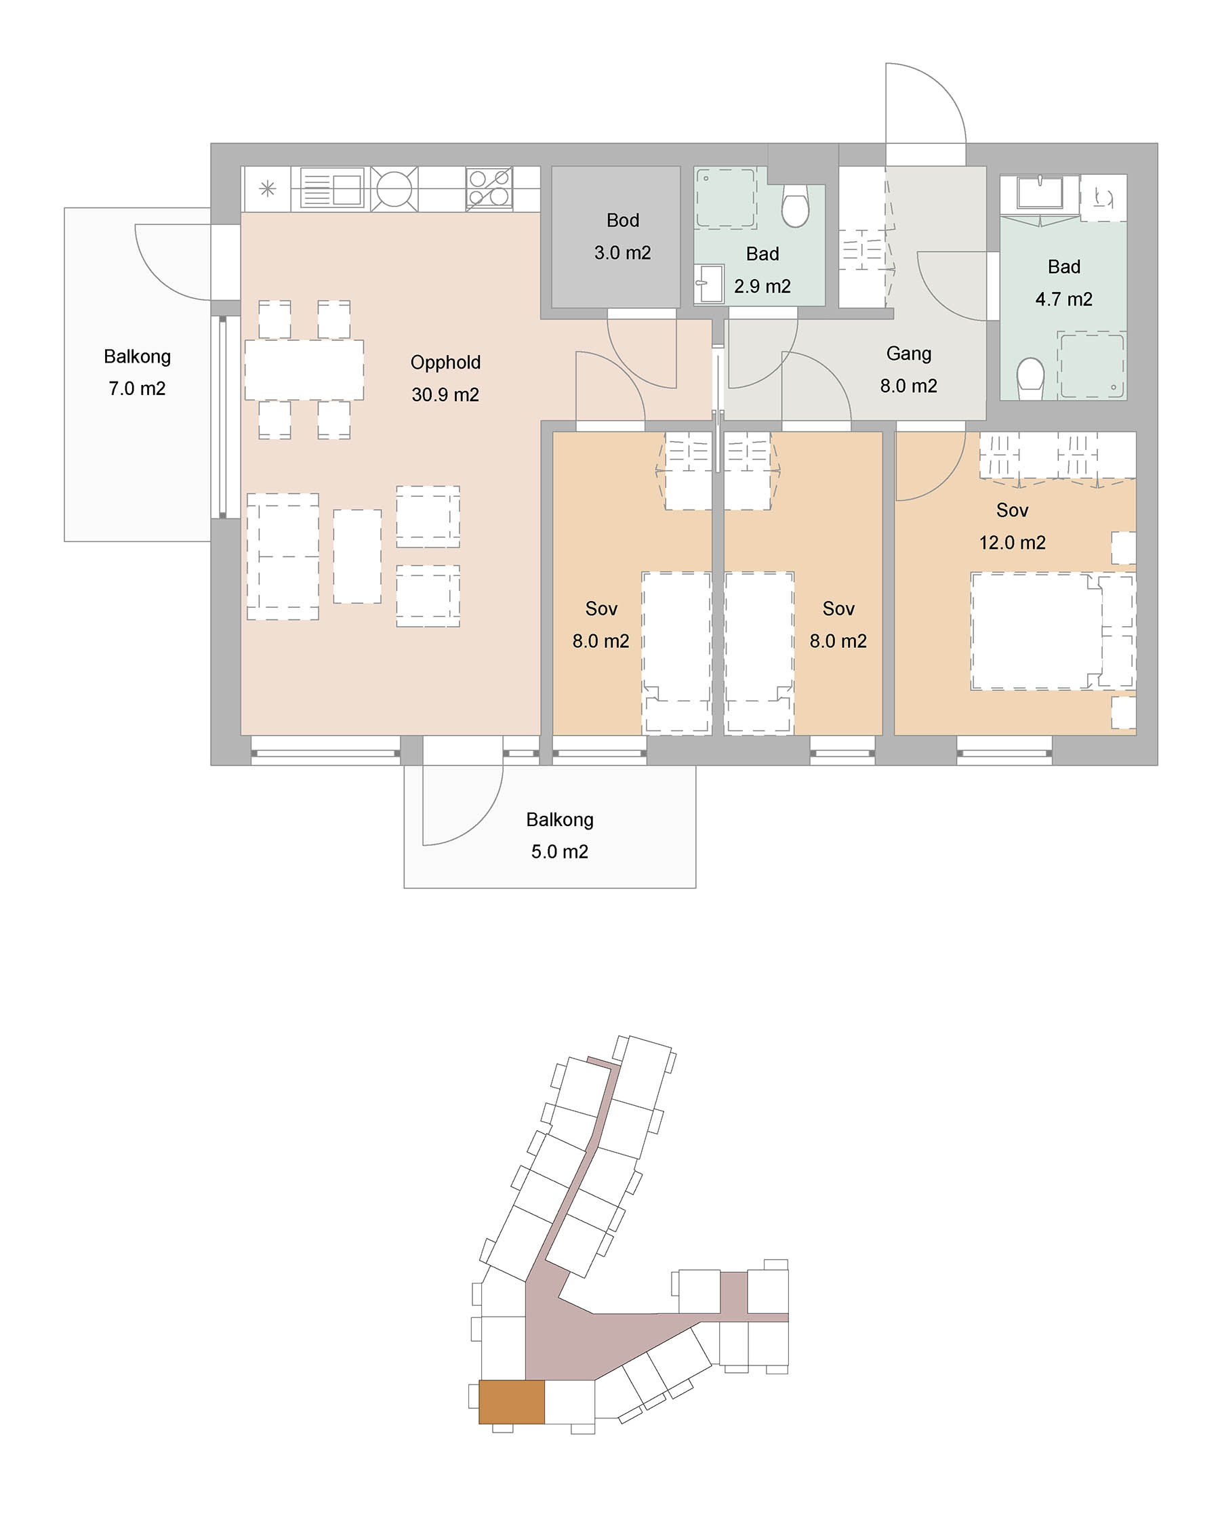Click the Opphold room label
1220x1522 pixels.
(445, 363)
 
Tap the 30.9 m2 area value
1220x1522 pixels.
(445, 394)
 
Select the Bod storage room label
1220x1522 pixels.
(623, 220)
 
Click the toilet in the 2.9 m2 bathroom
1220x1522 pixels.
(796, 205)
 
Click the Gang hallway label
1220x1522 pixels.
(909, 354)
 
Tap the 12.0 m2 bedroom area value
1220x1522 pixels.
(1013, 543)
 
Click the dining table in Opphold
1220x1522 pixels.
(304, 370)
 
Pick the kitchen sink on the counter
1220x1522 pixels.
(332, 188)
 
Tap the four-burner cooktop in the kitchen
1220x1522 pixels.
(489, 188)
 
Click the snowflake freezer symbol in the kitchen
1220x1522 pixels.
(268, 188)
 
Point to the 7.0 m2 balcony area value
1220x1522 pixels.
(137, 389)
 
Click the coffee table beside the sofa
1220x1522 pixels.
(357, 556)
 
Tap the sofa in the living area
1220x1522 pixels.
(283, 556)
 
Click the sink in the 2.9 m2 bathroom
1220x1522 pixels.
(709, 284)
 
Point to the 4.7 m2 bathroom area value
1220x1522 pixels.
(1064, 300)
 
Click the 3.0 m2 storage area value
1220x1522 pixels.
(623, 253)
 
